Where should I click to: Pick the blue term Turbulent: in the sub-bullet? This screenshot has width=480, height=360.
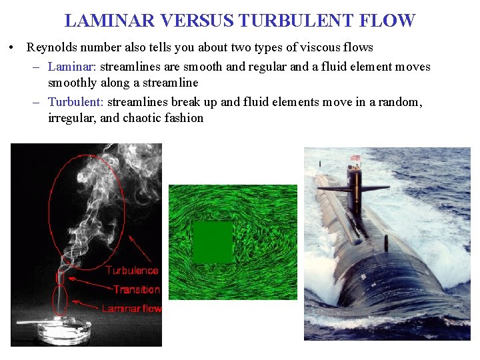coord(75,102)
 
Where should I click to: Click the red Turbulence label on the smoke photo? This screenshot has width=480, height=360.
coord(132,271)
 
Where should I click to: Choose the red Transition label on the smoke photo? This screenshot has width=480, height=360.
coord(136,289)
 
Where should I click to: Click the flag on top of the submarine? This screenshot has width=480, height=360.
coord(355,159)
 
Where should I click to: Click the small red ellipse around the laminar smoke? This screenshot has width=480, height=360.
coord(60,300)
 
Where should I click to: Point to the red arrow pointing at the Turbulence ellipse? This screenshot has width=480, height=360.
coord(141,247)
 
